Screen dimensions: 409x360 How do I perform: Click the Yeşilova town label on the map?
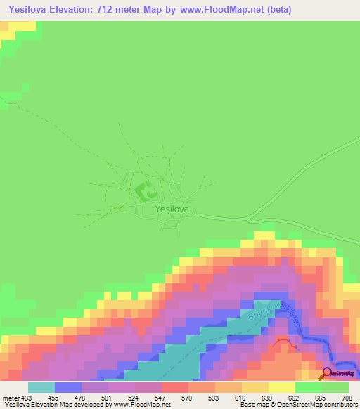(173, 209)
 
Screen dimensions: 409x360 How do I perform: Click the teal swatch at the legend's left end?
(41, 387)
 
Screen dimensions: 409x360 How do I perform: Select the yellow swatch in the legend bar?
(281, 387)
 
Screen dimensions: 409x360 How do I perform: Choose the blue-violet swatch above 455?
(68, 387)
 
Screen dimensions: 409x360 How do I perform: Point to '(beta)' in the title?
(277, 10)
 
